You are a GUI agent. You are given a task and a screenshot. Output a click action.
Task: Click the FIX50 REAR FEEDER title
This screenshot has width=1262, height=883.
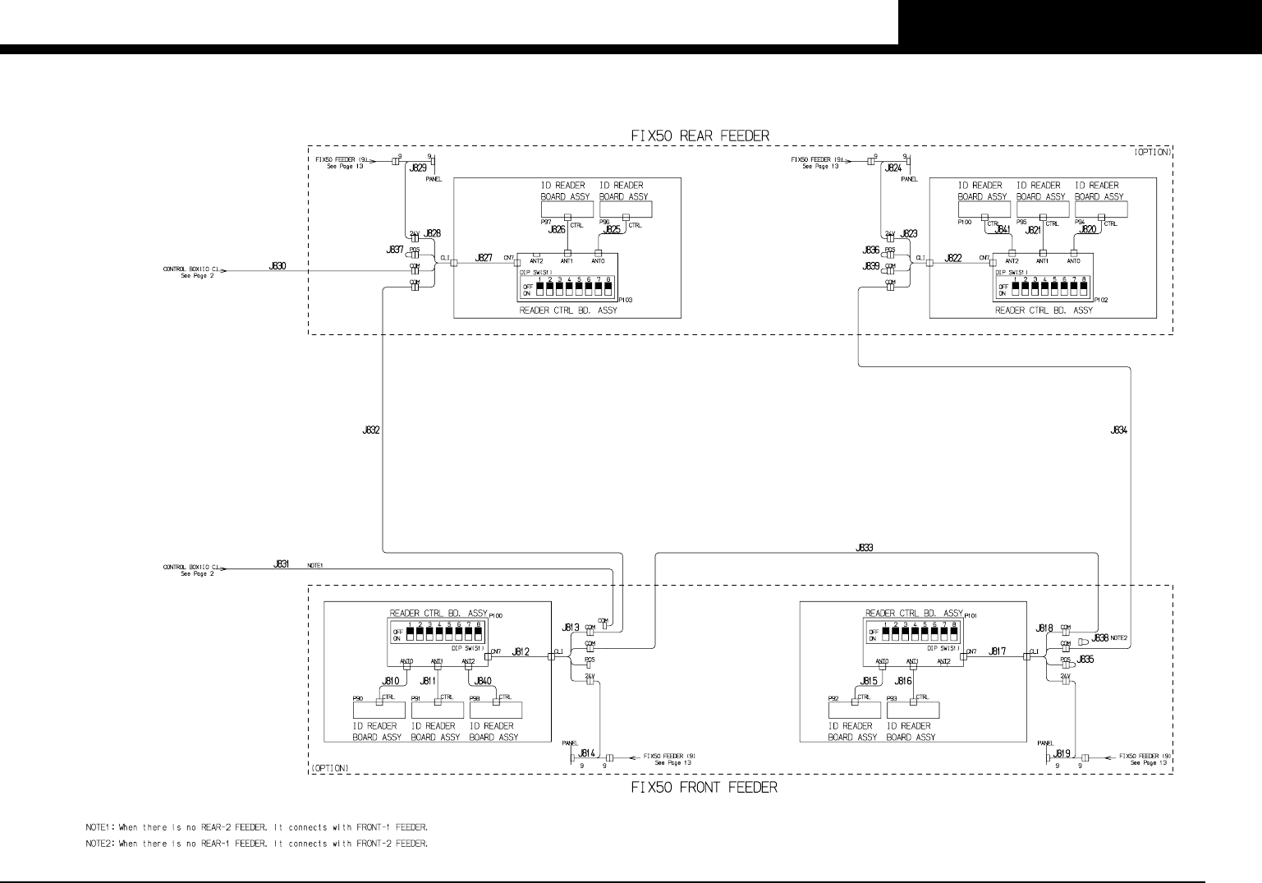(x=700, y=136)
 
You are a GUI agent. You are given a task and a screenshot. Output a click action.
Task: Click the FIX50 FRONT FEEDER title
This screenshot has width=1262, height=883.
(x=704, y=788)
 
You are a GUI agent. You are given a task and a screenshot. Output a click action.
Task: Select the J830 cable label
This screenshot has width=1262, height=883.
(x=278, y=266)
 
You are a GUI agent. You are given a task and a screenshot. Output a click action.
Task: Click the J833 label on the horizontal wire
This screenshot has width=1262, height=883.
(x=865, y=547)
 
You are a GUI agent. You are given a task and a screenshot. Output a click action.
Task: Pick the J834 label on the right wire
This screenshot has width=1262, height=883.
(x=1118, y=430)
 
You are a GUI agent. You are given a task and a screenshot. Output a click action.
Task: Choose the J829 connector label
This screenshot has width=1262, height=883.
(x=419, y=168)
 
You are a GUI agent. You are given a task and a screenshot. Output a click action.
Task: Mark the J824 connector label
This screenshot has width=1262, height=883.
(x=894, y=168)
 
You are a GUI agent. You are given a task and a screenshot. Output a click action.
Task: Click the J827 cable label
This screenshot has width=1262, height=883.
(x=484, y=258)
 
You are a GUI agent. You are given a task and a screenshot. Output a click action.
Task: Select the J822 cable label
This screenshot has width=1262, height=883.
(x=953, y=258)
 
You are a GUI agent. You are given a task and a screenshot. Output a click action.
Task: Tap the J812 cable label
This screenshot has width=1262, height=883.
(x=521, y=652)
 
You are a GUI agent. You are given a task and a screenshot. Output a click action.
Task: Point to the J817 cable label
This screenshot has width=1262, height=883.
(x=998, y=651)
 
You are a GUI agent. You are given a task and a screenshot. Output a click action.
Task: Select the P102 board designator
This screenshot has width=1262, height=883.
(x=1101, y=301)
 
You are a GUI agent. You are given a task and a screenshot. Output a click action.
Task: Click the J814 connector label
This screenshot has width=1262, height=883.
(x=586, y=752)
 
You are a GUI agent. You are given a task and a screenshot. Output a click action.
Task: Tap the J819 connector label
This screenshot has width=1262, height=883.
(x=1062, y=752)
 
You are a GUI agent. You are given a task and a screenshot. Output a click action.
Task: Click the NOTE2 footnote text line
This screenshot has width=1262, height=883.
(x=256, y=844)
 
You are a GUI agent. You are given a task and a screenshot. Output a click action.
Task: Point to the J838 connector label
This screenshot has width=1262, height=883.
(x=1101, y=637)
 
